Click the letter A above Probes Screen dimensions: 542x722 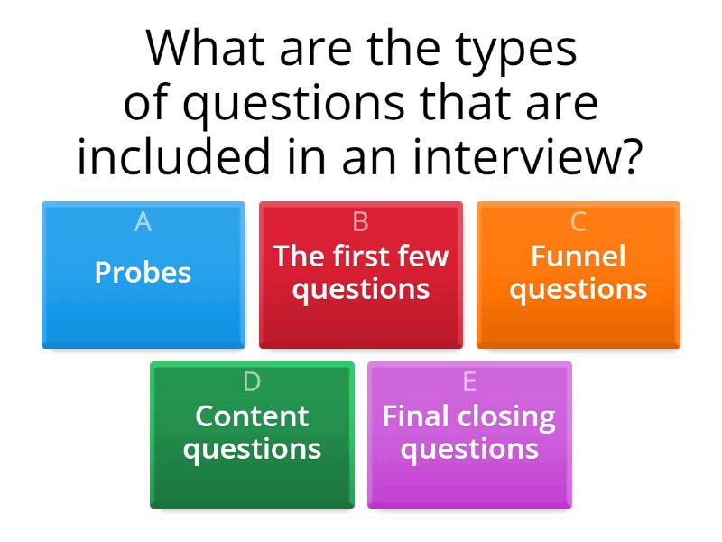point(143,222)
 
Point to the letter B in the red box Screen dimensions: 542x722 point(360,222)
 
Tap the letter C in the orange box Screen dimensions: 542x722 point(579,222)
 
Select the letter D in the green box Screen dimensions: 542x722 point(252,382)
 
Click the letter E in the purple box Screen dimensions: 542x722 point(469,382)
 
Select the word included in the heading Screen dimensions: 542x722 point(170,157)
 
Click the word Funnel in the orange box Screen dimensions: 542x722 point(578,257)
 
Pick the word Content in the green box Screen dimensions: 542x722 point(252,416)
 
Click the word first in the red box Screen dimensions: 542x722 point(362,257)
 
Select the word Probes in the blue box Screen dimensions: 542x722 point(143,273)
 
